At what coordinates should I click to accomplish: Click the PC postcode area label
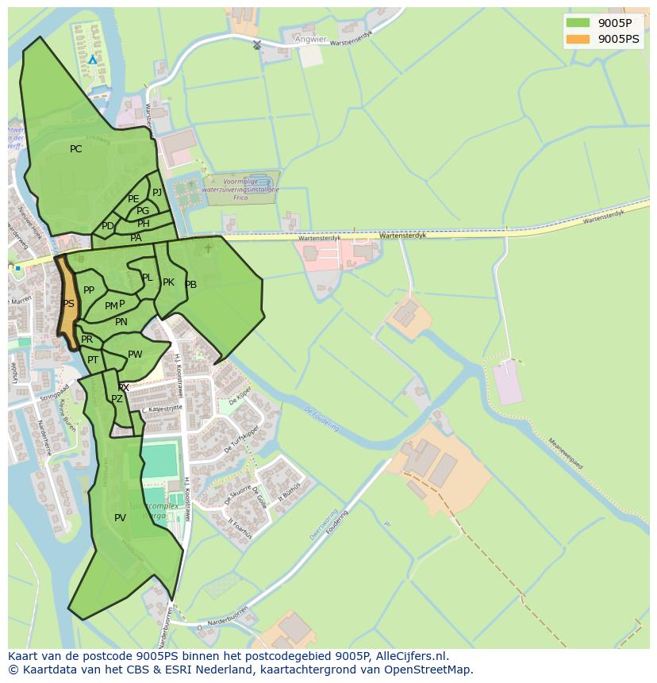(75, 149)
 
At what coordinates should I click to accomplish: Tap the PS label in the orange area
(68, 304)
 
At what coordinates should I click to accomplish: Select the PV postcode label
(120, 518)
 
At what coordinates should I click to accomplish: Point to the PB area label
(190, 285)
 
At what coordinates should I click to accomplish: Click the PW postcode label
(135, 355)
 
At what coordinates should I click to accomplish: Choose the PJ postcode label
(157, 192)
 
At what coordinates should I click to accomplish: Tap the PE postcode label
(133, 199)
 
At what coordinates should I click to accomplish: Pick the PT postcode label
(93, 360)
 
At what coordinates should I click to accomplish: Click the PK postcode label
(168, 282)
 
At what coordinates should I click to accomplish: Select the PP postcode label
(89, 290)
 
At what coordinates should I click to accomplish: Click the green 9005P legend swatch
(578, 22)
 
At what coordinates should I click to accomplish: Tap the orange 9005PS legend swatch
(578, 38)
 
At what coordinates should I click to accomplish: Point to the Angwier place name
(309, 38)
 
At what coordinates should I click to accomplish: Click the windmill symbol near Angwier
(256, 44)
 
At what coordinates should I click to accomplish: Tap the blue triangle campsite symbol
(93, 59)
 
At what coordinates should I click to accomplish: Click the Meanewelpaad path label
(564, 455)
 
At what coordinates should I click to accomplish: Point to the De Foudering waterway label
(321, 419)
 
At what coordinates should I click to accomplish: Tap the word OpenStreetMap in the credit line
(428, 670)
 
